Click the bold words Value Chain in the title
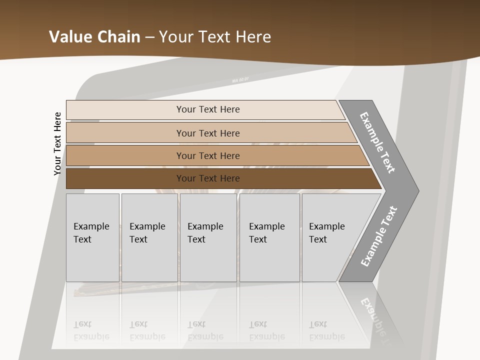coord(94,37)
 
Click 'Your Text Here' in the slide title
coord(215,37)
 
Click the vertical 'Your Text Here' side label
coord(57,143)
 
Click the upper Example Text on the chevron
coord(377,142)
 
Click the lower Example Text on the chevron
coord(379,236)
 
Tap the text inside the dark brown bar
coord(208,178)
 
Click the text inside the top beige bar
coord(208,109)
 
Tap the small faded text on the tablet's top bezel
coord(240,79)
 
